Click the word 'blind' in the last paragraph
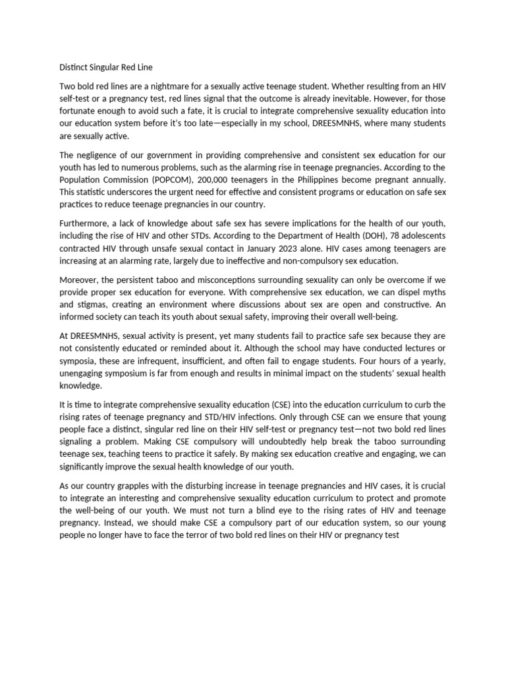pos(266,510)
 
